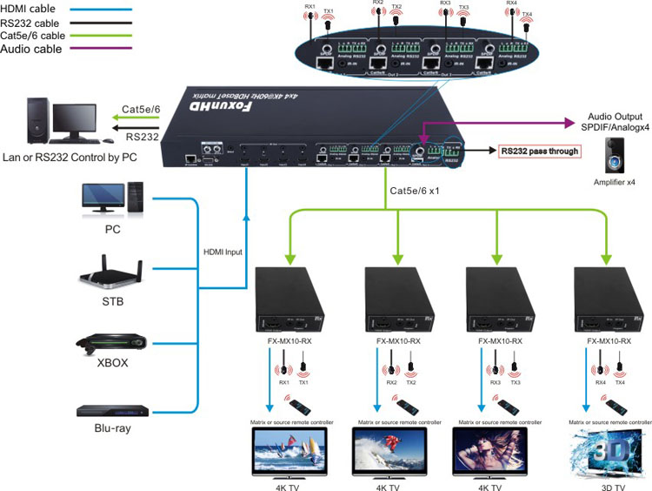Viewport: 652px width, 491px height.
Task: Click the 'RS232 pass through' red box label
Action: click(540, 151)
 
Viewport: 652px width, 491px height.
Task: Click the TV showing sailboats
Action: click(278, 453)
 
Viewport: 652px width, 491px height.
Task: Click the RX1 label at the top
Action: click(310, 7)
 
